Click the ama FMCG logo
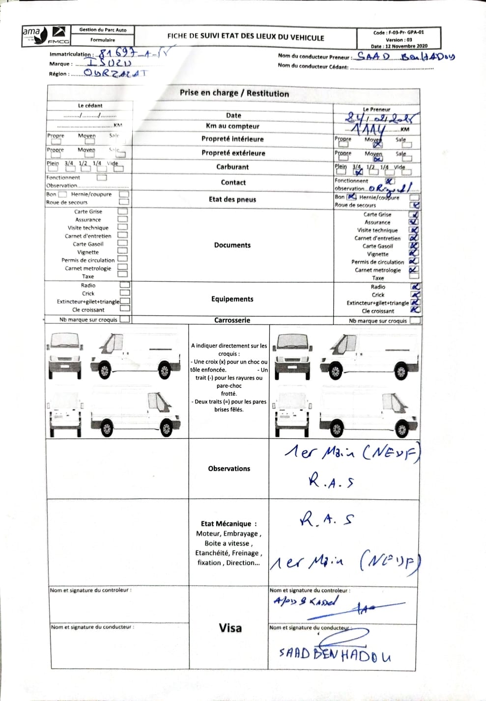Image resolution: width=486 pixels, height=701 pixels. point(46,36)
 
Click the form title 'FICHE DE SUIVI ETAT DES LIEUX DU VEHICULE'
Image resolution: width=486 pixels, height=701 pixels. point(246,37)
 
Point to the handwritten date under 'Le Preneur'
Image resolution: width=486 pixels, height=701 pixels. point(380,118)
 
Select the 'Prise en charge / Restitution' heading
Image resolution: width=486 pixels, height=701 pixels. point(234,93)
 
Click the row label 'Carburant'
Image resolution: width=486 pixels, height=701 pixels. point(232,167)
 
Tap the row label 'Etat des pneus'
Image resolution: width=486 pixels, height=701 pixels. point(232,199)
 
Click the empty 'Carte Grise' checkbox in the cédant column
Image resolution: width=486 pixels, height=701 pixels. point(123,212)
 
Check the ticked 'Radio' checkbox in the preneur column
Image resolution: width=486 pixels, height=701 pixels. point(416,287)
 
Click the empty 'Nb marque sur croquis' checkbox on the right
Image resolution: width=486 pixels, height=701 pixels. point(415,321)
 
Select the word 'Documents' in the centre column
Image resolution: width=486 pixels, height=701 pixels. point(232,245)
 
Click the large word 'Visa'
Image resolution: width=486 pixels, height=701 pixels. point(230,628)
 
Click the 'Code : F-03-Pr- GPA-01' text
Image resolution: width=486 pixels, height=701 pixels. point(399,33)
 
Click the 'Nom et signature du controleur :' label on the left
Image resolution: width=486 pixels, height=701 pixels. point(90,590)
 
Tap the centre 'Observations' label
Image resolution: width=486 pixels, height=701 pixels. point(229,469)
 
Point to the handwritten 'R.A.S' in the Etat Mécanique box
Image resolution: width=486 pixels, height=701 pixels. point(327,519)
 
